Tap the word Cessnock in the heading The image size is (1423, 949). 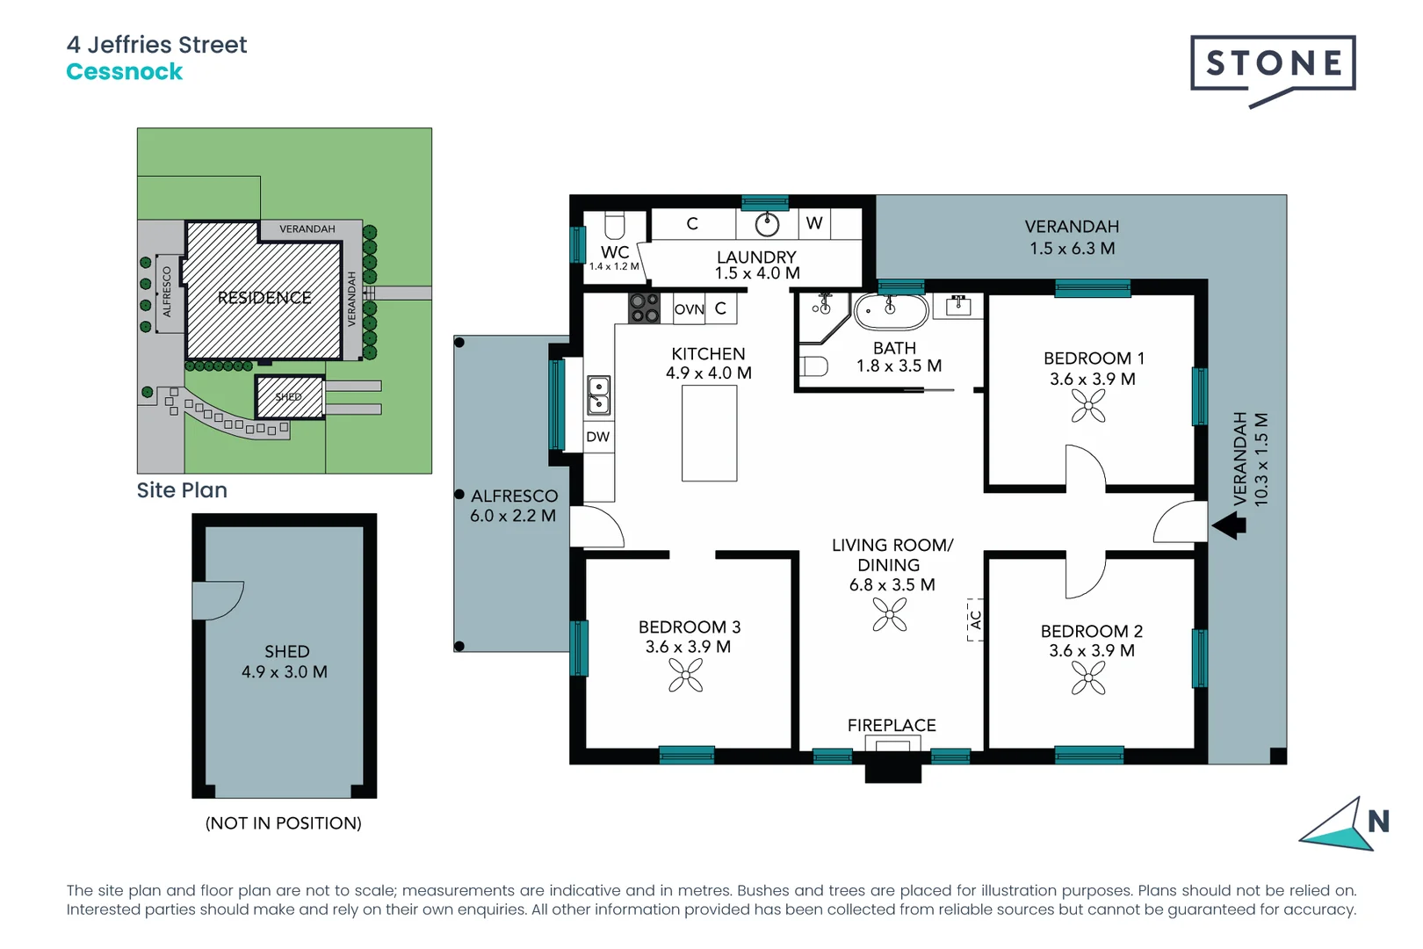[124, 72]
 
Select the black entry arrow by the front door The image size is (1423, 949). [1230, 526]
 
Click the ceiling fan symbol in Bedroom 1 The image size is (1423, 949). [1088, 406]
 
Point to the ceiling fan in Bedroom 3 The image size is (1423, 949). [685, 676]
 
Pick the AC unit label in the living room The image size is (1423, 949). [975, 620]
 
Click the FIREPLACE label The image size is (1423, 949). [891, 725]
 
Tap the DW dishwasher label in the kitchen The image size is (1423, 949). [597, 437]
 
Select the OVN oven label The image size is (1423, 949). [689, 309]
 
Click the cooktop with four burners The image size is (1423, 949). [644, 308]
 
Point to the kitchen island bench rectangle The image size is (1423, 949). [709, 433]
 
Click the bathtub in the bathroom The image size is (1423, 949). [891, 310]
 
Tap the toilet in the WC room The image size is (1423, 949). [615, 227]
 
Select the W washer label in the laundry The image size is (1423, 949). [814, 223]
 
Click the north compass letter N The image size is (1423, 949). [1377, 822]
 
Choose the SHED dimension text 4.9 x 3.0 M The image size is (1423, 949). [285, 672]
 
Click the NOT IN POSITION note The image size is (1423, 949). [283, 823]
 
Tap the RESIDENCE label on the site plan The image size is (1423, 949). [264, 298]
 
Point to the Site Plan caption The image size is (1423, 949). [182, 490]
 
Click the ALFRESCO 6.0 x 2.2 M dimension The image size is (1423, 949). [513, 516]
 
